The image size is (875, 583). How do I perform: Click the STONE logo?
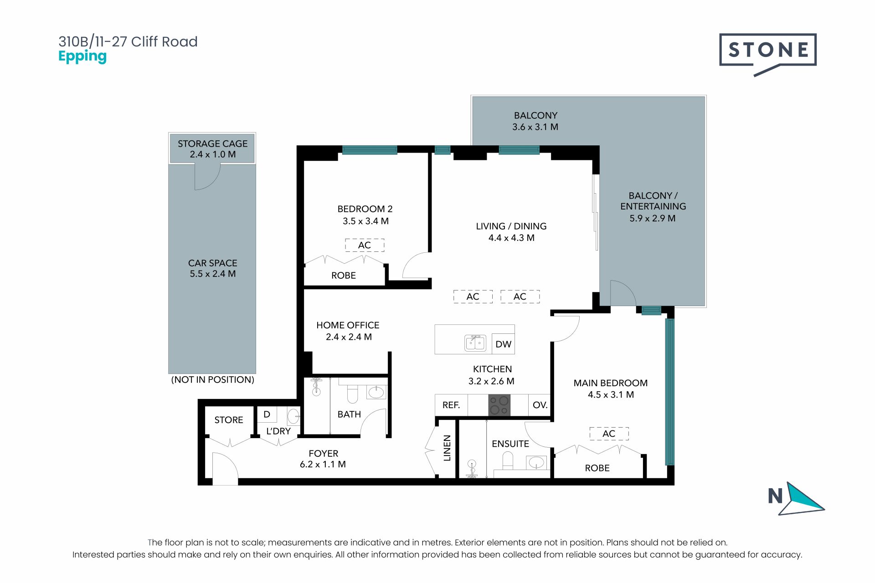coord(767,54)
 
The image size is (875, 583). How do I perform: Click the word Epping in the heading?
coord(82,57)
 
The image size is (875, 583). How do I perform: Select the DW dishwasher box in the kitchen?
coord(503,344)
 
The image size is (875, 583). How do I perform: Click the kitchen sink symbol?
coord(475,343)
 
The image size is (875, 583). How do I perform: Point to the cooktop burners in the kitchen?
coord(499,405)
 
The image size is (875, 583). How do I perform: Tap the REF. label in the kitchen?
coord(451,405)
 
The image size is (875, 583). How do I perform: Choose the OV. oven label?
coord(540,405)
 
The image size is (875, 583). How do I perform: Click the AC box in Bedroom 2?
coord(365,245)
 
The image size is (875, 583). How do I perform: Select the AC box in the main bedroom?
coord(609,434)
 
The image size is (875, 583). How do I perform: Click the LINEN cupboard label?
coord(447,448)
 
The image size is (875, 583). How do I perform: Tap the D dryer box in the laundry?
coord(267,414)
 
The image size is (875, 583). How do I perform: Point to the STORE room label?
coord(229,420)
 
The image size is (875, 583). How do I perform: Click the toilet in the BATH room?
coord(352,394)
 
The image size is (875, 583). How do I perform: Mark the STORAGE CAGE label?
coord(212,143)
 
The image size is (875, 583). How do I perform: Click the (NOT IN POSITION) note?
coord(212,379)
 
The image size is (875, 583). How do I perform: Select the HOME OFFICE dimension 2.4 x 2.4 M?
coord(349,337)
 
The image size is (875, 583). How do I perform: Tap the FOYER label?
coord(324,454)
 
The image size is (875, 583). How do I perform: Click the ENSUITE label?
coord(510,444)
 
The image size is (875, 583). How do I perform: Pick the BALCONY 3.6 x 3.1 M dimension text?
coord(535,127)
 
